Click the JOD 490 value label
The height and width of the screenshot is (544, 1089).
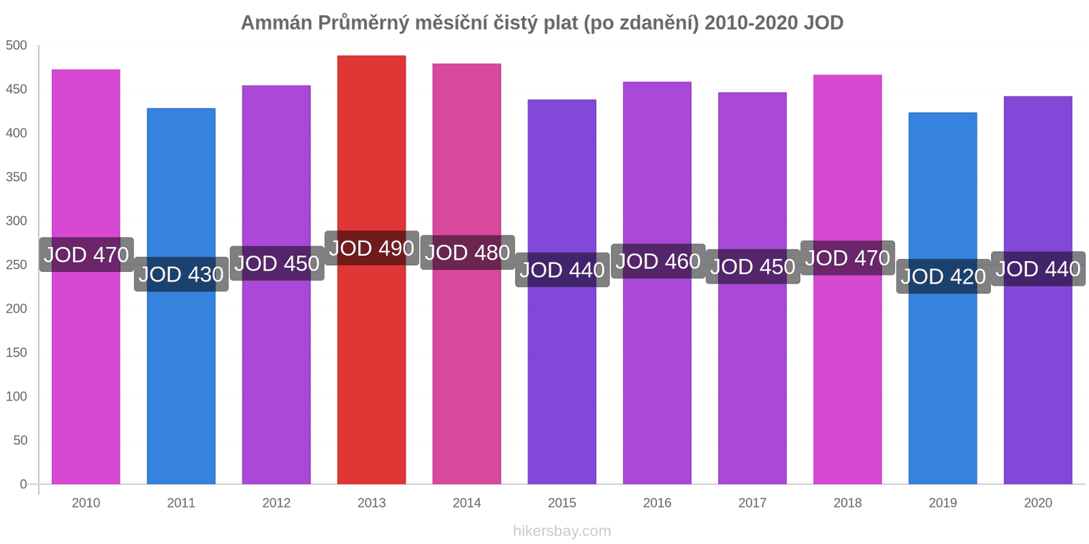pyautogui.click(x=372, y=248)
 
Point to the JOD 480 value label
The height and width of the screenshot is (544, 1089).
pyautogui.click(x=468, y=252)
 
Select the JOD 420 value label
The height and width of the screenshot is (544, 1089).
pyautogui.click(x=943, y=276)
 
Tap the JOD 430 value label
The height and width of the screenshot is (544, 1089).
pyautogui.click(x=181, y=274)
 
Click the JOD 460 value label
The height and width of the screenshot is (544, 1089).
pyautogui.click(x=658, y=261)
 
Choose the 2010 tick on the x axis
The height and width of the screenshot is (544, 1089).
pyautogui.click(x=86, y=503)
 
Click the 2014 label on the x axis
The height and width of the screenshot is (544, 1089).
pyautogui.click(x=467, y=503)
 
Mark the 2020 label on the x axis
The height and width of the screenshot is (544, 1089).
pyautogui.click(x=1038, y=503)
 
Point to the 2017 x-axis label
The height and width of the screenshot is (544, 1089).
pyautogui.click(x=752, y=503)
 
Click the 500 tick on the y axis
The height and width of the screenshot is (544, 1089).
pyautogui.click(x=16, y=46)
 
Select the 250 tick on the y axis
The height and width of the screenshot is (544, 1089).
pyautogui.click(x=16, y=265)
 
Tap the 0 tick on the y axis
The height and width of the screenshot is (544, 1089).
pyautogui.click(x=23, y=484)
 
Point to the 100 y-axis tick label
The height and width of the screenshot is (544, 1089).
pyautogui.click(x=16, y=396)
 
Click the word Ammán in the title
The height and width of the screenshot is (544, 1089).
pyautogui.click(x=276, y=22)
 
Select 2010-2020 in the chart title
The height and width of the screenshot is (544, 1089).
pyautogui.click(x=751, y=22)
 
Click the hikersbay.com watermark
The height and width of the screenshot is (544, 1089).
pyautogui.click(x=562, y=531)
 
